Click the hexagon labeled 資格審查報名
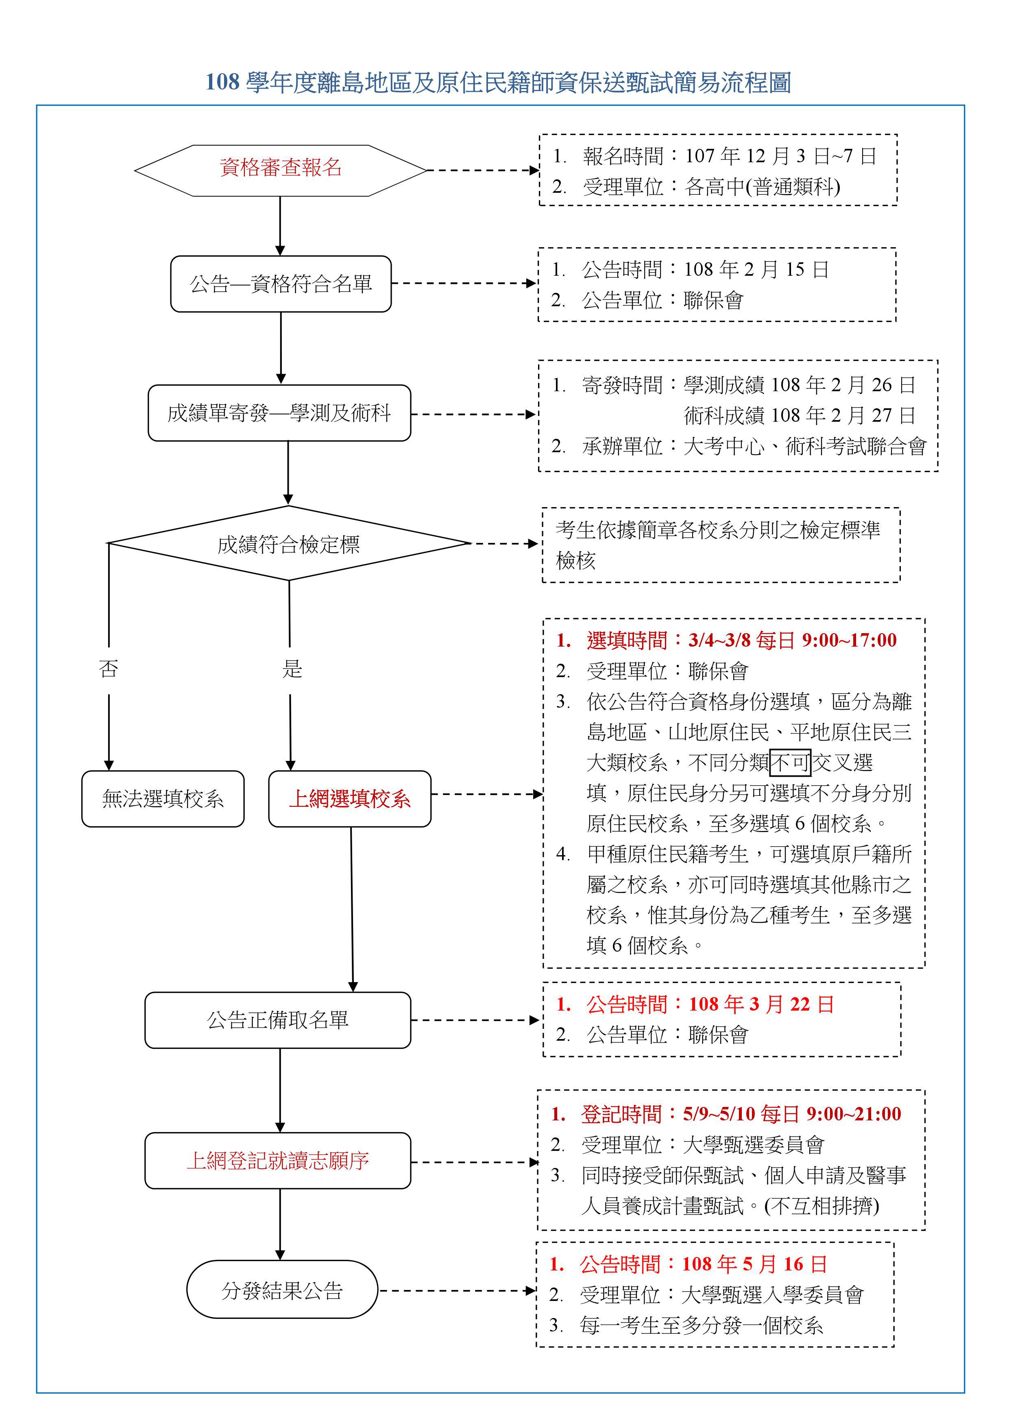point(280,170)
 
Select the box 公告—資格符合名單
point(281,284)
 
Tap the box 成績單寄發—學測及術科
point(279,413)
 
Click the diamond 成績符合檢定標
point(288,544)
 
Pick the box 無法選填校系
point(163,799)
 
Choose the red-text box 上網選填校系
point(350,799)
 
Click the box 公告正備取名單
point(278,1020)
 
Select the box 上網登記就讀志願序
point(278,1161)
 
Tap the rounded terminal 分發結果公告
point(282,1290)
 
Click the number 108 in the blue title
point(222,82)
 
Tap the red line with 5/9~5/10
point(726,1114)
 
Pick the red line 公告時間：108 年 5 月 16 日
point(688,1264)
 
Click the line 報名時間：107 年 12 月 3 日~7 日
point(715,156)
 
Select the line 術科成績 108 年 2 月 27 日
point(800,415)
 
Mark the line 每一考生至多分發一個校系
point(686,1326)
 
